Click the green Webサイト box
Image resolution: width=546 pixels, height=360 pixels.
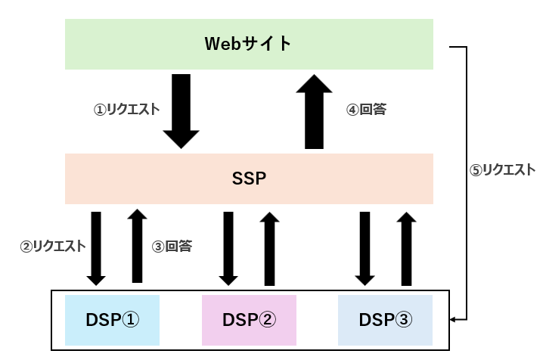tap(249, 44)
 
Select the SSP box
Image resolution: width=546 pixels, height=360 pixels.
tap(249, 178)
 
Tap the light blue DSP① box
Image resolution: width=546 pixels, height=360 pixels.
tap(112, 320)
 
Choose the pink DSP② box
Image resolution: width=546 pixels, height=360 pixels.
tap(249, 320)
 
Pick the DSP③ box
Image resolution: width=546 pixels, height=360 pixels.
tap(385, 320)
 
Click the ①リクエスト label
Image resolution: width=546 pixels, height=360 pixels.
tap(126, 110)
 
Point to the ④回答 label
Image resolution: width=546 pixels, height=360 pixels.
tap(366, 110)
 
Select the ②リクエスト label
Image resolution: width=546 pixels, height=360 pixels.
tap(53, 246)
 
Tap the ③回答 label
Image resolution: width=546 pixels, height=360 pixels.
tap(172, 246)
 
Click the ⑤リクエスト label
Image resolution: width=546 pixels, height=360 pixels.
tap(502, 170)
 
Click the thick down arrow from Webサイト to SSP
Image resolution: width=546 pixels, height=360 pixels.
tap(181, 111)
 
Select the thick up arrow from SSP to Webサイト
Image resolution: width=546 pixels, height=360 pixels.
tap(314, 111)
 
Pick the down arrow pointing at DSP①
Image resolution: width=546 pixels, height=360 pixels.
tap(96, 249)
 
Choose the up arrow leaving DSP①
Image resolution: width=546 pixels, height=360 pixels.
tap(137, 246)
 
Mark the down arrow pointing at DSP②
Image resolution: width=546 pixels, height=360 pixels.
tap(228, 249)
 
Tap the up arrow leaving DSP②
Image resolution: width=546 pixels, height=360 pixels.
tap(269, 249)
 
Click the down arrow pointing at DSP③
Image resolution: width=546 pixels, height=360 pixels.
tap(365, 249)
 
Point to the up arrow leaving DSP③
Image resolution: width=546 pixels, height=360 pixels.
tap(406, 249)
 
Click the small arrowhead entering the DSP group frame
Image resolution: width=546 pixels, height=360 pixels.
tap(452, 319)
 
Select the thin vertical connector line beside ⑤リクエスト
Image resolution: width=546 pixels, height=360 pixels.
tap(467, 183)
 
